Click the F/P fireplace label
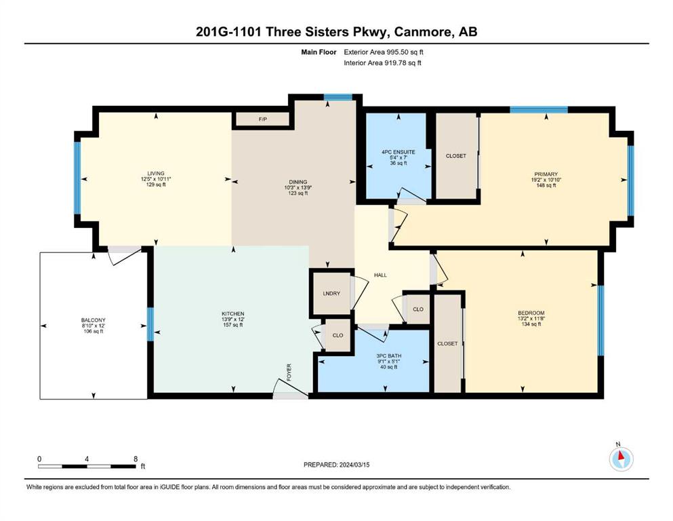click(263, 119)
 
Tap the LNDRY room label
click(331, 293)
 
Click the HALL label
click(380, 275)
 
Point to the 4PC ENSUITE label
click(399, 152)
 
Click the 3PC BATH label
click(388, 356)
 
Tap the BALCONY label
click(93, 320)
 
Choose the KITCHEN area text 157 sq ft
click(232, 325)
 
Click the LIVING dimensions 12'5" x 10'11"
click(156, 179)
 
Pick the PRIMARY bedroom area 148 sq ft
click(546, 185)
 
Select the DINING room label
click(298, 182)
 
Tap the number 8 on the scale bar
click(136, 459)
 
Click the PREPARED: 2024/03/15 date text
click(336, 465)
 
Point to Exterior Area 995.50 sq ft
click(384, 52)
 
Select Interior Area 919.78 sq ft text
click(382, 62)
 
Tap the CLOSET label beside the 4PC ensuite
click(456, 156)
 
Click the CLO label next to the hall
click(418, 309)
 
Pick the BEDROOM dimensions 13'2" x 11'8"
click(531, 319)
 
